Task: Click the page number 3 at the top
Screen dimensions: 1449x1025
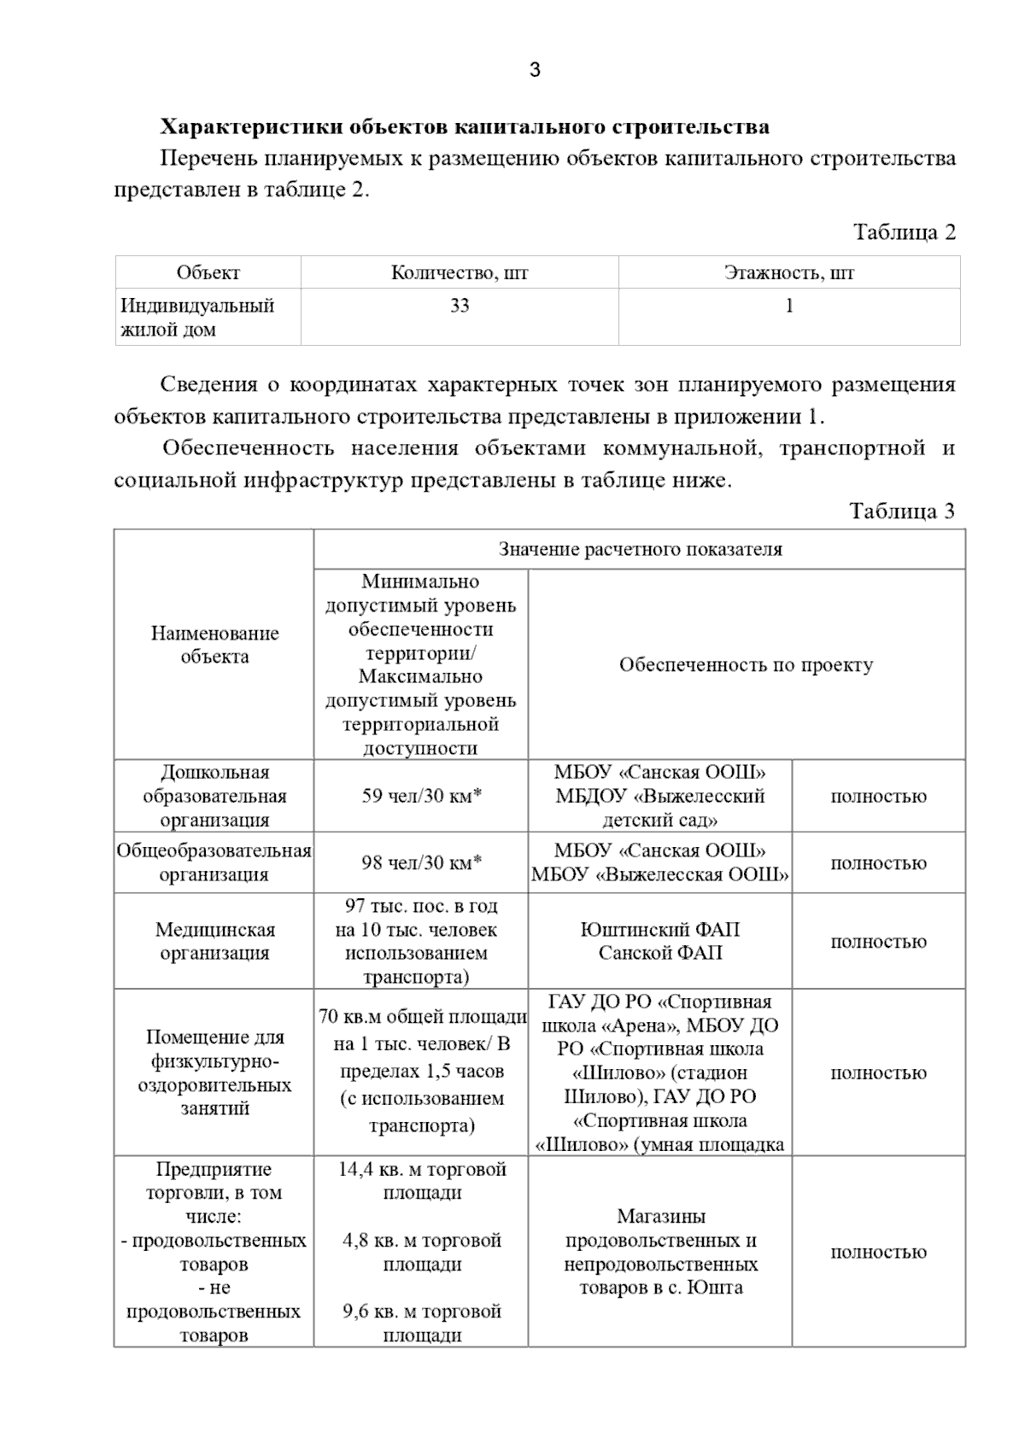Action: point(535,70)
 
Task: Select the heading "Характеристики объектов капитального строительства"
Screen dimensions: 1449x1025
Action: point(465,127)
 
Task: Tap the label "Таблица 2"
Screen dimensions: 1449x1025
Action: point(904,232)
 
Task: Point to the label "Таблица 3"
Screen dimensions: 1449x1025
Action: point(902,511)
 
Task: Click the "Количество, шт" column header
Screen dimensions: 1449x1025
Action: point(460,273)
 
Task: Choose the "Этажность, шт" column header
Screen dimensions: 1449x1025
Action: point(788,273)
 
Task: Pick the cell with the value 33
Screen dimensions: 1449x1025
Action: point(460,306)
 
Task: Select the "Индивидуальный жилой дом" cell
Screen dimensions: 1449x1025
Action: point(197,318)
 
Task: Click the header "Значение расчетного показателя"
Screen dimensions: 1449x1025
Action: point(640,549)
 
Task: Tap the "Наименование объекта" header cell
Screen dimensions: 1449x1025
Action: point(214,645)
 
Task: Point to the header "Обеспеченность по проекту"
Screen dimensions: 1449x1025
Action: point(746,664)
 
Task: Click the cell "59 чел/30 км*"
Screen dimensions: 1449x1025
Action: point(421,797)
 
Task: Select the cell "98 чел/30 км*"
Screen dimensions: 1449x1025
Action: point(421,862)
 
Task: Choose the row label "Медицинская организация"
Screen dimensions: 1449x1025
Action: point(214,941)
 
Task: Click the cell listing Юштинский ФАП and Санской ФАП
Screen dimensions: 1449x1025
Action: point(659,941)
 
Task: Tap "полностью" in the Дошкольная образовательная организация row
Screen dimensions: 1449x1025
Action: point(878,797)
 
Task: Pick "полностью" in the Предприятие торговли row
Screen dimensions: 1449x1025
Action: point(878,1253)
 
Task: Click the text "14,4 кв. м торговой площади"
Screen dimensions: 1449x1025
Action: point(422,1181)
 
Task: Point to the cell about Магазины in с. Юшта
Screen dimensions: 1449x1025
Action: point(659,1252)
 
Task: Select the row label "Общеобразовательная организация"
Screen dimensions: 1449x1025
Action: point(214,862)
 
